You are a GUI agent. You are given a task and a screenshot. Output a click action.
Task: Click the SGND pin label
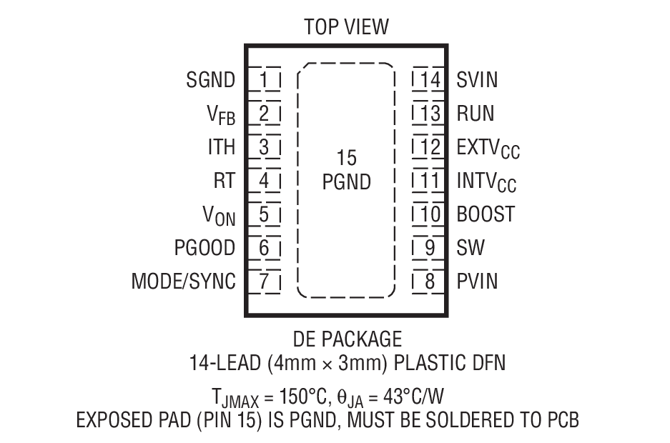211,80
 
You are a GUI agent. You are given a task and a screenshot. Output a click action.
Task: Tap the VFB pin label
221,114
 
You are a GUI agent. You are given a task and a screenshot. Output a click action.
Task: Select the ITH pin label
221,147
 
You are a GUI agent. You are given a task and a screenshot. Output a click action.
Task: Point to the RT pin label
224,181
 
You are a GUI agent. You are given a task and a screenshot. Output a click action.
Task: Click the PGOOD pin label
205,248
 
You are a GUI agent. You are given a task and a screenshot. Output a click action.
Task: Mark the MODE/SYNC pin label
183,282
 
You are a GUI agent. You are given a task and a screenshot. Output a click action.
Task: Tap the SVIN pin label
477,80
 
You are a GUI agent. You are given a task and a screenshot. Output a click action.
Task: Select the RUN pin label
476,114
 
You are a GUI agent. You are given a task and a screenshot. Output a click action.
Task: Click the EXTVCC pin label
488,148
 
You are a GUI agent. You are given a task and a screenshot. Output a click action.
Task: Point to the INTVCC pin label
486,181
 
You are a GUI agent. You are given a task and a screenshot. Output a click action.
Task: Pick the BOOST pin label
485,214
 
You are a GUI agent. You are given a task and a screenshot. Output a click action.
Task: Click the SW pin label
471,248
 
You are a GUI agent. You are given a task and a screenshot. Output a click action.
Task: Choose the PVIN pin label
477,282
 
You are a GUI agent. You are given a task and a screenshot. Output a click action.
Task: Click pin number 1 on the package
265,80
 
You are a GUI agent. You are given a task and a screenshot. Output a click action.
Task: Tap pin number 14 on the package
430,80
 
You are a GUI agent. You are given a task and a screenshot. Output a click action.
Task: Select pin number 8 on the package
430,282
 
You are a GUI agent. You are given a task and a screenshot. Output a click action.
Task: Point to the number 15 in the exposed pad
346,158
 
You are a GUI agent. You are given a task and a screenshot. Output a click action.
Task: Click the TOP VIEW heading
346,27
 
